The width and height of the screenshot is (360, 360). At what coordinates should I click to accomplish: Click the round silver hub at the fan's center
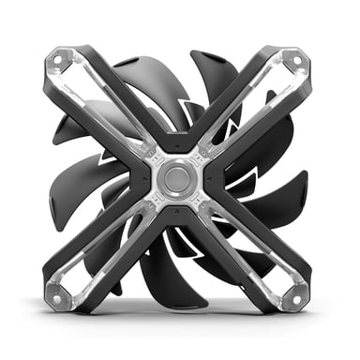(x=178, y=177)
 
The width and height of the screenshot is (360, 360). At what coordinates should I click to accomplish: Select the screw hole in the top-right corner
(x=297, y=59)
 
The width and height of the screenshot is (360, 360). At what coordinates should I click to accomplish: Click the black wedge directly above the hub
(x=178, y=141)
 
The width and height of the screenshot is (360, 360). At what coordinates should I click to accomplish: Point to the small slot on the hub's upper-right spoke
(x=201, y=155)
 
